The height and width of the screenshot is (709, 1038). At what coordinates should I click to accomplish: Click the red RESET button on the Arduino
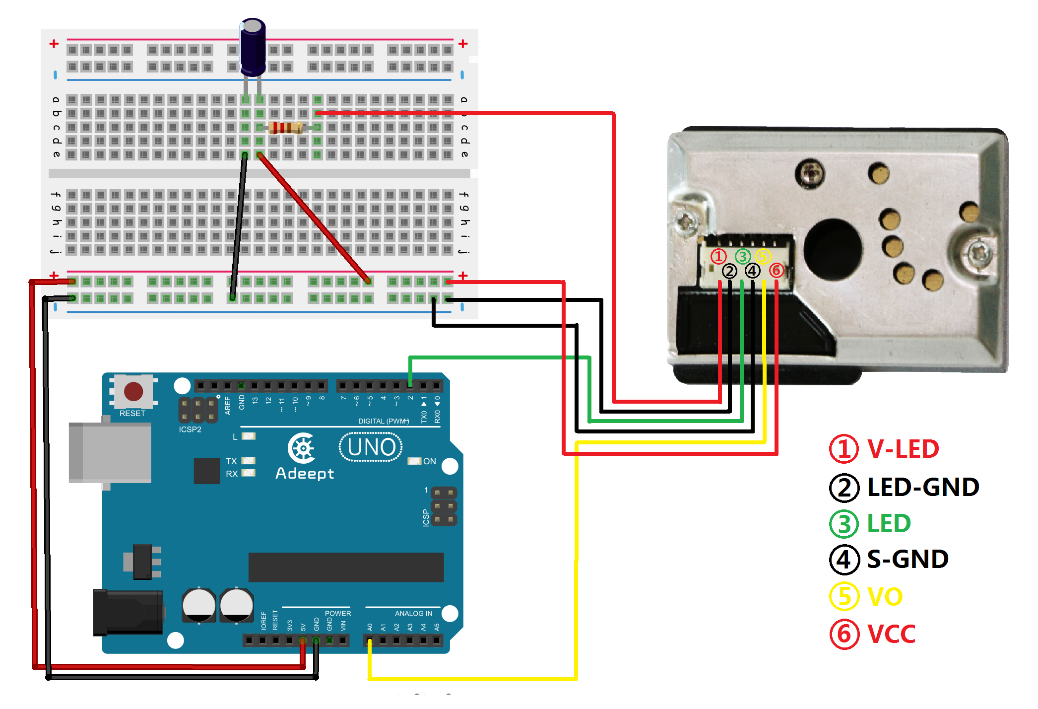coord(133,391)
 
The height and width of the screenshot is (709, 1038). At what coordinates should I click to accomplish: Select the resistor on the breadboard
coord(285,128)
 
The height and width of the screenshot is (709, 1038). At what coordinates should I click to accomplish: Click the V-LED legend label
coord(903,449)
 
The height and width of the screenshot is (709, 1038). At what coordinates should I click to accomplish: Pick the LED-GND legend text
coord(923,487)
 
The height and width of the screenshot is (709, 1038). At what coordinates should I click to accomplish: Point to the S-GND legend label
coord(908,560)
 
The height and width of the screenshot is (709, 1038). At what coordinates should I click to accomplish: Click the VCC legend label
coord(891,634)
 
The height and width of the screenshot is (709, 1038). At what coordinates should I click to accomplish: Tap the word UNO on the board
coord(371,447)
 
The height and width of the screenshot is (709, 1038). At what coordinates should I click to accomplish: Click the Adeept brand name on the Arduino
coord(305,474)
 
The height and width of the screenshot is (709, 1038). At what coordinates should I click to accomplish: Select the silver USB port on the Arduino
coord(110,452)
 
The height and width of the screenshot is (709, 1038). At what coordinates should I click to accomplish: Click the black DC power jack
coord(128,612)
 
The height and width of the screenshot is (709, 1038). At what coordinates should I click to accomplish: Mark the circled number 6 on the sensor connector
coord(776,271)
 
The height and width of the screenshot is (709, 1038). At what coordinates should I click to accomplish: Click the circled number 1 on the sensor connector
coord(718,257)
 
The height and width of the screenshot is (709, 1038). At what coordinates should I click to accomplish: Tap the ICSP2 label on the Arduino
coord(190,429)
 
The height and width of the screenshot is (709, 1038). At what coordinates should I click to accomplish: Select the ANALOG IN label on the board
coord(413,614)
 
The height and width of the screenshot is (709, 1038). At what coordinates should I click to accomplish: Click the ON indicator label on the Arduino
coord(429,461)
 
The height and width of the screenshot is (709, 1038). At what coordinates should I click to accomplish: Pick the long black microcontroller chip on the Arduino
coord(346,567)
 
